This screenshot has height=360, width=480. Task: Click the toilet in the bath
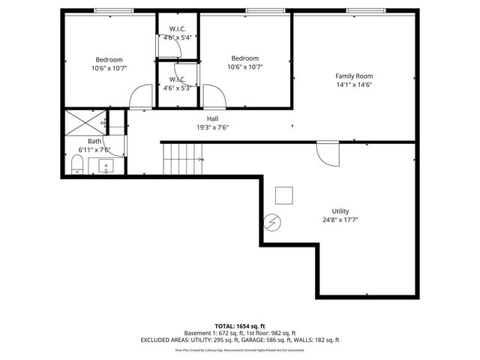pos(76,165)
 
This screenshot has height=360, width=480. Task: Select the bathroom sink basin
pos(106,166)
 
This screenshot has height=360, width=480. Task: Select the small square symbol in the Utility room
pos(283,195)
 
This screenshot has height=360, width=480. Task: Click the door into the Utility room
pos(327,154)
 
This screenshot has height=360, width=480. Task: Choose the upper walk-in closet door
pos(171,47)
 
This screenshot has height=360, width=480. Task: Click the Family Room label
pos(353,76)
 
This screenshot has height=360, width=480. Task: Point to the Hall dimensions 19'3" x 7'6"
pos(212,127)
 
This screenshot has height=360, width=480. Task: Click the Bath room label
pos(94,141)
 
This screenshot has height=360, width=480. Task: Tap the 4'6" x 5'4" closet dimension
pos(178,37)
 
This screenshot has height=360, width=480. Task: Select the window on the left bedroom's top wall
pos(115,10)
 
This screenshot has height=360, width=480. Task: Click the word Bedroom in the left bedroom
pos(109,59)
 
